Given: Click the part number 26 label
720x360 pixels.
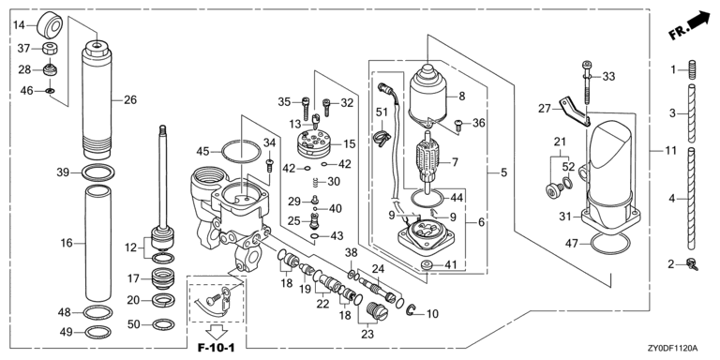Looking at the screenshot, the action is [x=130, y=99].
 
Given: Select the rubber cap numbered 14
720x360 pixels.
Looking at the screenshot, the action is [x=50, y=24].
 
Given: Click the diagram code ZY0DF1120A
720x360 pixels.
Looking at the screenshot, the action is [x=671, y=348].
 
